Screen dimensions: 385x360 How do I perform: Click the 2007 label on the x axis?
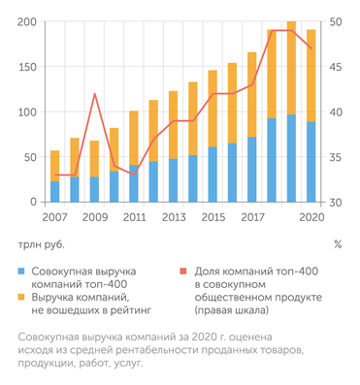(x=54, y=217)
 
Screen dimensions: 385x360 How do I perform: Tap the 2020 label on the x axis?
(x=311, y=217)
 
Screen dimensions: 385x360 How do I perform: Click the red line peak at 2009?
(x=94, y=94)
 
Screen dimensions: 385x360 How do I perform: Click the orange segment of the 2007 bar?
(x=55, y=166)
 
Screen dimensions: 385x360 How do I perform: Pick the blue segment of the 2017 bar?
(x=252, y=170)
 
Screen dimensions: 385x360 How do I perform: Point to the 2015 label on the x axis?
(x=212, y=217)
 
